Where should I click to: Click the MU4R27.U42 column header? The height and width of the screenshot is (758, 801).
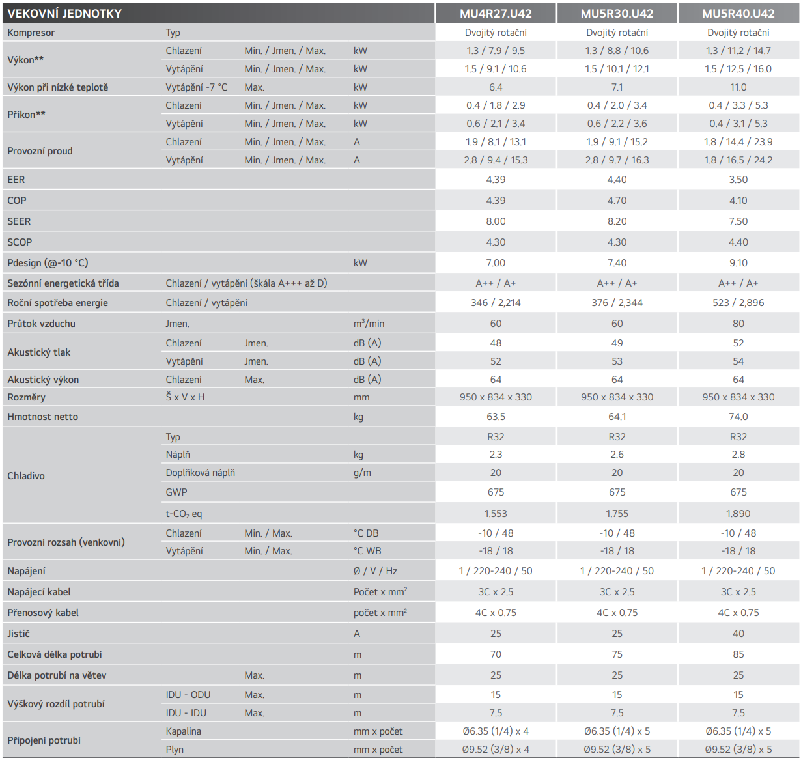click(496, 13)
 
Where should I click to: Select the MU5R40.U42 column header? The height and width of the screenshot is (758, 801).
click(738, 13)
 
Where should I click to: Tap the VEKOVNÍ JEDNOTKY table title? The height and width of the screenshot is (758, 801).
click(64, 13)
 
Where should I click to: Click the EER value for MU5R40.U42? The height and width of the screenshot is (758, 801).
click(738, 180)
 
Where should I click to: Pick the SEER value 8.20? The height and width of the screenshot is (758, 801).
click(617, 221)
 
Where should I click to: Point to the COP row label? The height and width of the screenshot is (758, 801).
click(17, 201)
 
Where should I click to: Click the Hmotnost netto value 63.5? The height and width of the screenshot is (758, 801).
click(496, 417)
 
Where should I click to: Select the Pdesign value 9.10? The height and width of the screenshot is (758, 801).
click(738, 263)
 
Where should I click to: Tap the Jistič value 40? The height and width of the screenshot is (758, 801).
click(738, 634)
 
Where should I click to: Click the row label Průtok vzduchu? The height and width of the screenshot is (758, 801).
click(41, 324)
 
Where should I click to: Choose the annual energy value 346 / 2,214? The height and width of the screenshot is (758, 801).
click(496, 303)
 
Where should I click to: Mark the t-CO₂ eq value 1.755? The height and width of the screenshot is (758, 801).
click(617, 514)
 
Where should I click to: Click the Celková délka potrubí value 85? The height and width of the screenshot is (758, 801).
click(738, 654)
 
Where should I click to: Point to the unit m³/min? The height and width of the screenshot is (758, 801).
click(369, 324)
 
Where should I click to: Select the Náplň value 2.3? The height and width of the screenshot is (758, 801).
click(496, 455)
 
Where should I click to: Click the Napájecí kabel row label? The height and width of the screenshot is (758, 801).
click(39, 592)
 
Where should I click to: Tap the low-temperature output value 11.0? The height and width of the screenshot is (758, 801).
click(738, 87)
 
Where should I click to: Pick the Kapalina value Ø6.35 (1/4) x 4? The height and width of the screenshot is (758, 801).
click(496, 731)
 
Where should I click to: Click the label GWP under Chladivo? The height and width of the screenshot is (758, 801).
click(176, 492)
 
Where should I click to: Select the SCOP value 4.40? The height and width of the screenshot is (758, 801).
click(738, 242)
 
